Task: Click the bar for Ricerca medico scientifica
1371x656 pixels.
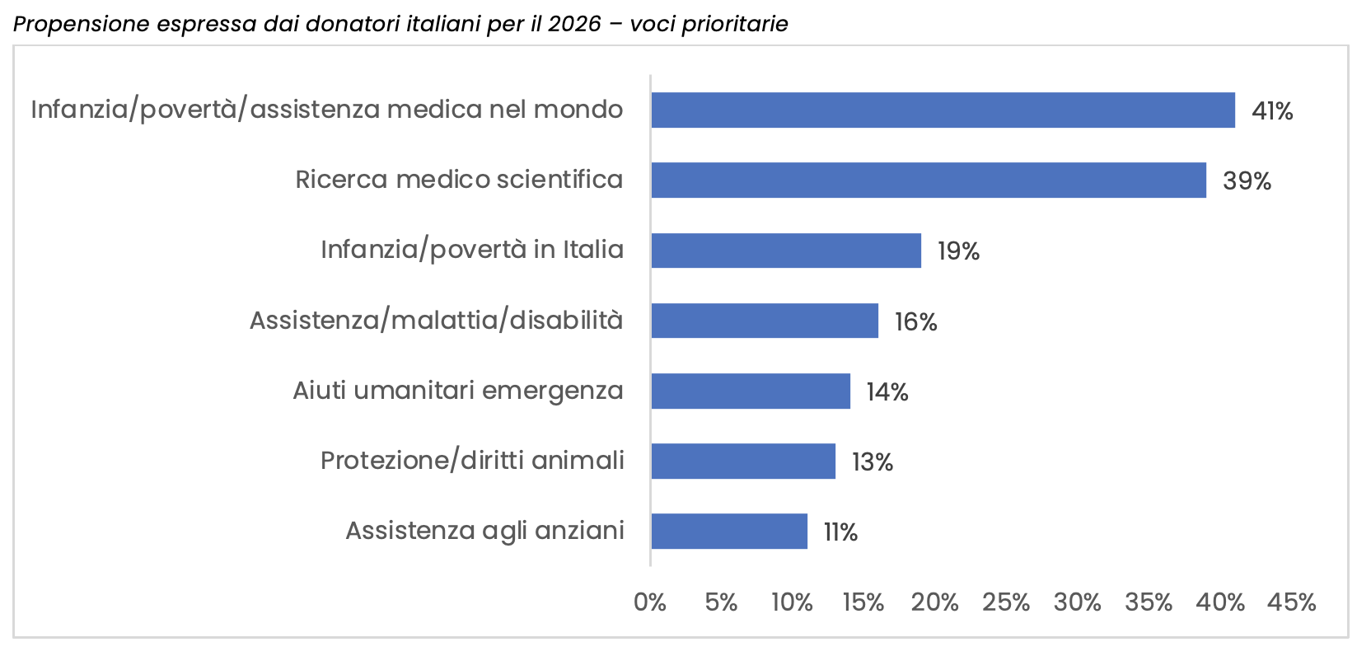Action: click(x=929, y=180)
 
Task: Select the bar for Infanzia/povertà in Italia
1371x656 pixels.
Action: click(x=786, y=251)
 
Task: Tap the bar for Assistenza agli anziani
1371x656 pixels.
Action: click(x=729, y=532)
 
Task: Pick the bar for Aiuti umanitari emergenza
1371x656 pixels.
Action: click(x=751, y=391)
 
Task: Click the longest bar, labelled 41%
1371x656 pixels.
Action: click(x=943, y=110)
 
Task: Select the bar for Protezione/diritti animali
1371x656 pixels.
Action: click(x=743, y=461)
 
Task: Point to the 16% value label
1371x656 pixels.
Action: click(x=915, y=322)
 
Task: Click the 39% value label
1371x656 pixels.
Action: click(x=1247, y=181)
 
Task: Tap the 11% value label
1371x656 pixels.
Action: click(x=840, y=532)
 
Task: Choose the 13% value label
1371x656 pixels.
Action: click(x=873, y=462)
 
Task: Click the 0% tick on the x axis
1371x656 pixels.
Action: click(x=650, y=602)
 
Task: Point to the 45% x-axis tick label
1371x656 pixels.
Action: click(x=1291, y=602)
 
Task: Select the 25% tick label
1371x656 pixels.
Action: click(x=1006, y=602)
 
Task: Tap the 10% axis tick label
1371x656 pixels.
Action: click(x=792, y=602)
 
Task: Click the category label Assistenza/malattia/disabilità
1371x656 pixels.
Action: click(x=437, y=320)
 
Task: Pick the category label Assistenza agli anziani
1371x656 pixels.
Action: click(x=484, y=532)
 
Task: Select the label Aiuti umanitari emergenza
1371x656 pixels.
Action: click(x=458, y=391)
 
